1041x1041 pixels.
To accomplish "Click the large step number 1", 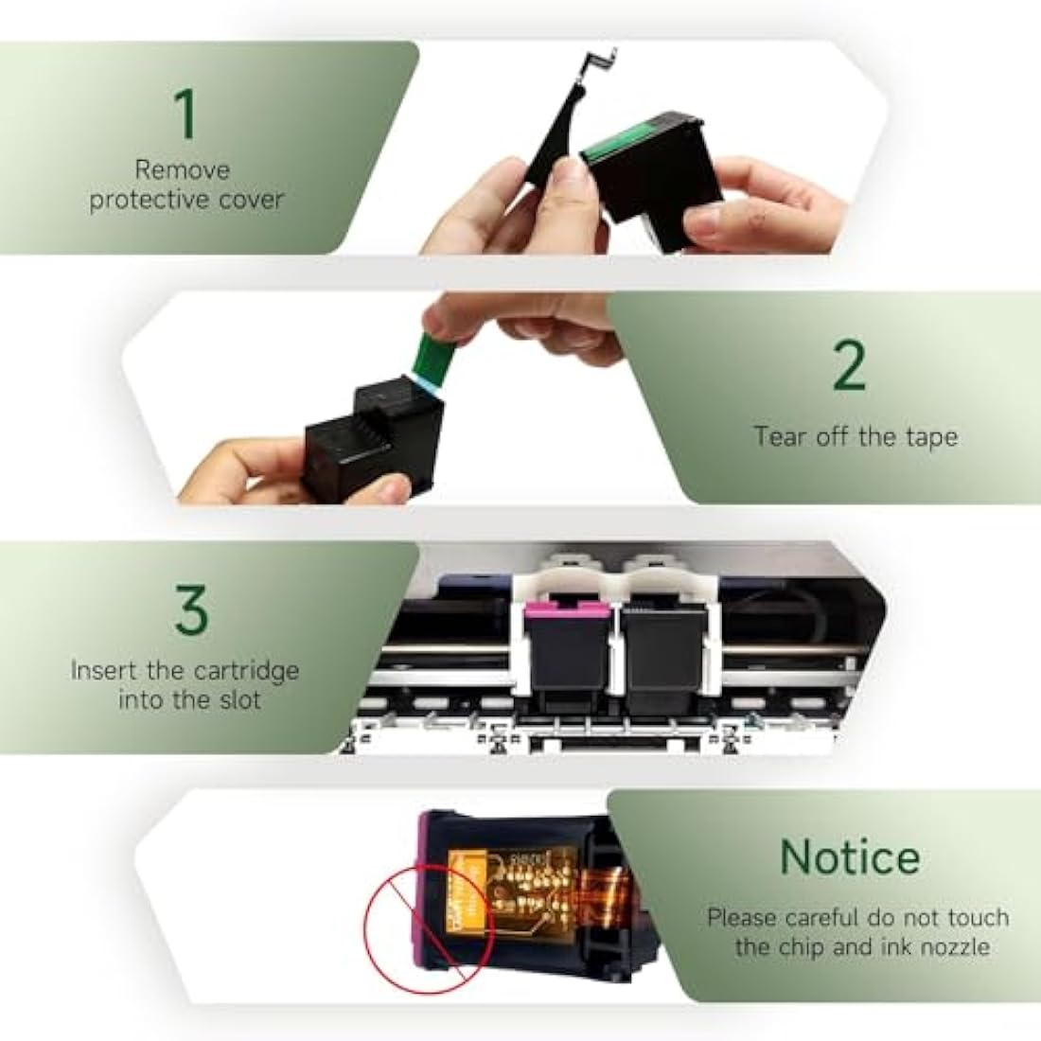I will [186, 114].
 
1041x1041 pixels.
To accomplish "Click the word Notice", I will [849, 857].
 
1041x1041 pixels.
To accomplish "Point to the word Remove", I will [183, 170].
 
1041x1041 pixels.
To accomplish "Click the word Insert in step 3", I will [105, 671].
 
